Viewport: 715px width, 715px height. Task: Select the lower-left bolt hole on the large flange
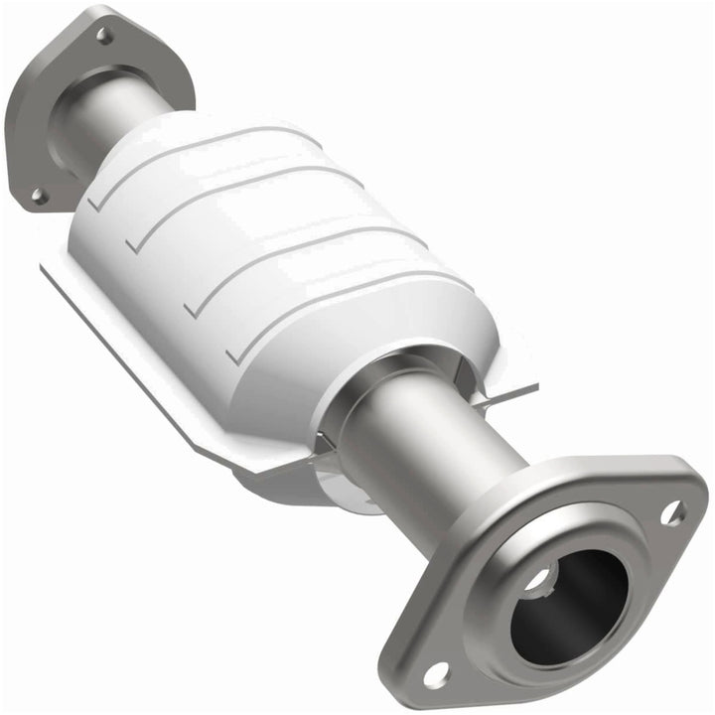[x=435, y=675]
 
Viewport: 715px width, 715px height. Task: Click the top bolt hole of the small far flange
[x=103, y=37]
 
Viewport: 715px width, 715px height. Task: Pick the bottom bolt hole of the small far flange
[x=39, y=196]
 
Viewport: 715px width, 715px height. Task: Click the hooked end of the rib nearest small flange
[x=95, y=204]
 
